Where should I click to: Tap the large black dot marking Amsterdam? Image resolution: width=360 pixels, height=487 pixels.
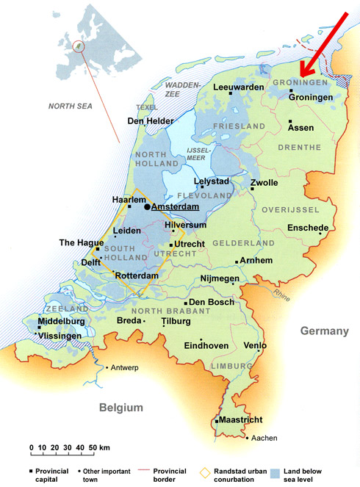click(x=147, y=207)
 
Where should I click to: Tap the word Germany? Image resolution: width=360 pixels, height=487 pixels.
click(x=323, y=332)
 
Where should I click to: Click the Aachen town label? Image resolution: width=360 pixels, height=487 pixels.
click(x=263, y=439)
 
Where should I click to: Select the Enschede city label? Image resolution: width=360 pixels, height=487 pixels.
click(x=307, y=228)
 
